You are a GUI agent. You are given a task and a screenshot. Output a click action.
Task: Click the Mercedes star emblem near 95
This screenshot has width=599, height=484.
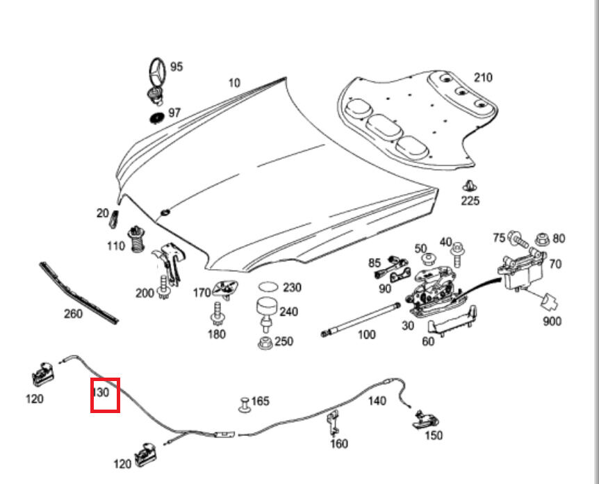click(154, 72)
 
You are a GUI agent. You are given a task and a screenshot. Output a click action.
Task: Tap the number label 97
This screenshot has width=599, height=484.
click(174, 113)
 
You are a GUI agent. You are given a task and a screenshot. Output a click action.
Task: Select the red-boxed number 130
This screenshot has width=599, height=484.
click(101, 392)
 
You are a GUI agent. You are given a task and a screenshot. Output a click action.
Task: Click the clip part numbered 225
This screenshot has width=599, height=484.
click(470, 185)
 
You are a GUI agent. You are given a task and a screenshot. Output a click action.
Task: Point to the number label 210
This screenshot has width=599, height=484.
click(482, 77)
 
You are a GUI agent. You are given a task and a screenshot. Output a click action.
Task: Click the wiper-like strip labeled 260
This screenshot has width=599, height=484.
click(78, 292)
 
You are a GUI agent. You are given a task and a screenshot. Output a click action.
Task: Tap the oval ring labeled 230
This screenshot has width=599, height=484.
click(268, 287)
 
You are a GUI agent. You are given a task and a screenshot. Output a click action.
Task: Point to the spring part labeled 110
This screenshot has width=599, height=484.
click(137, 239)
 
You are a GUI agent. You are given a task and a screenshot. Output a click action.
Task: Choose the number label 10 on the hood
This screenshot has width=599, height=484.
click(234, 83)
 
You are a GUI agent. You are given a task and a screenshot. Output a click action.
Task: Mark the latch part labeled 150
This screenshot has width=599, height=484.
click(425, 418)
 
